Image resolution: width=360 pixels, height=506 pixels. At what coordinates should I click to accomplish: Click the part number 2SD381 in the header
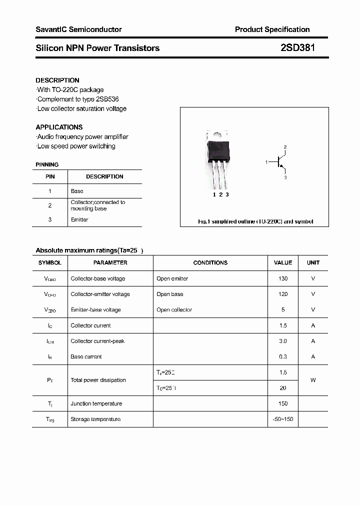(298, 48)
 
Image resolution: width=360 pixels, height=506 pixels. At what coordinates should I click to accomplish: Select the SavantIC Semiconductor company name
(78, 29)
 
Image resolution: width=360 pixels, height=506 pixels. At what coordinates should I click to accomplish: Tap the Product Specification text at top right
(272, 29)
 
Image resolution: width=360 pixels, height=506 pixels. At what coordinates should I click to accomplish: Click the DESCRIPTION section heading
(57, 80)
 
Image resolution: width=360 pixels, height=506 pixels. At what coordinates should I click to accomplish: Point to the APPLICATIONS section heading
(59, 127)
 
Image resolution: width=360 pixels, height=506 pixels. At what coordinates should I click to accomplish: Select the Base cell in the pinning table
(77, 191)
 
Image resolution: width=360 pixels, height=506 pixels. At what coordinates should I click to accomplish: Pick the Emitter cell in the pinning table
(79, 219)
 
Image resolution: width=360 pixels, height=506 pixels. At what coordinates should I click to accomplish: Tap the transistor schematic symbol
(280, 162)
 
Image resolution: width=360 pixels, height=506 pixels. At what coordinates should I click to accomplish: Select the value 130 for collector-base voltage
(283, 278)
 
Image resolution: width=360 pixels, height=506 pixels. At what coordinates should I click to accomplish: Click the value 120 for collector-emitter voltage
(283, 294)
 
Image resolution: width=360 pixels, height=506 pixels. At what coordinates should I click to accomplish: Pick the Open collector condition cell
(174, 309)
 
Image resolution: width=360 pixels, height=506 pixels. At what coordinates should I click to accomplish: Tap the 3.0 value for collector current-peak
(283, 341)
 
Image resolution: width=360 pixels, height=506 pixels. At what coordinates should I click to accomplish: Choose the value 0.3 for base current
(283, 356)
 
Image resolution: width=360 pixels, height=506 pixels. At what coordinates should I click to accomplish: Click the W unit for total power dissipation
(313, 380)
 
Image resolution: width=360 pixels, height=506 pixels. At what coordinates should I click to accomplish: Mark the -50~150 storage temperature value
(283, 419)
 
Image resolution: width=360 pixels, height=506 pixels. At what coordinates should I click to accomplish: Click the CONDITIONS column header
(210, 262)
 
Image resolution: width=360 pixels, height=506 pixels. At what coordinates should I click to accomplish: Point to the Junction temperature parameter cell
(96, 403)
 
